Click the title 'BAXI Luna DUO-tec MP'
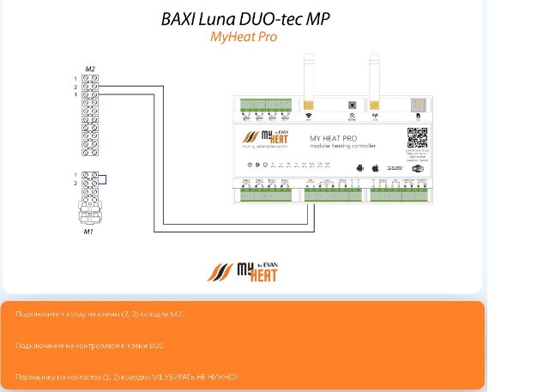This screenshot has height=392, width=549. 244,19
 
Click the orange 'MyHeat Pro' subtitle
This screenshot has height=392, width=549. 244,37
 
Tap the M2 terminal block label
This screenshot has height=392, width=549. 89,68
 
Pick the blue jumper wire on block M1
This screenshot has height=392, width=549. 104,178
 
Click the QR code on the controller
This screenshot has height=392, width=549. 417,137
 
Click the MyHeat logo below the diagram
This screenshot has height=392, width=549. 242,270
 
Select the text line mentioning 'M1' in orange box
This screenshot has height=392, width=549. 126,377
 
